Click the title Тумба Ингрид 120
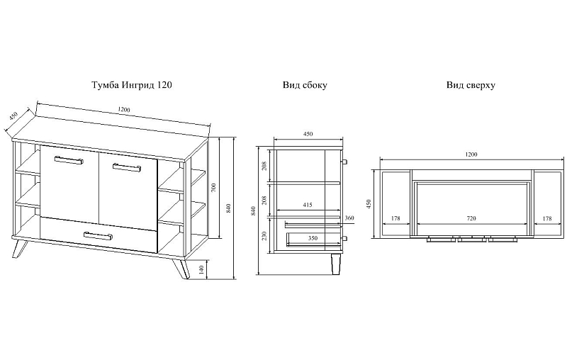click(x=132, y=84)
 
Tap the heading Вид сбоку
click(x=305, y=85)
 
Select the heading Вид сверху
click(x=471, y=85)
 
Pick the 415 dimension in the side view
click(x=307, y=205)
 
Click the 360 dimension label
click(x=349, y=218)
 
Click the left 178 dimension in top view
click(x=395, y=219)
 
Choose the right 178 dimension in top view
click(x=546, y=219)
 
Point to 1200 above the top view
click(x=471, y=154)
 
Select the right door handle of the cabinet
click(x=125, y=167)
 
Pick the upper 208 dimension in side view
click(x=265, y=166)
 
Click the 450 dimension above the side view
click(x=308, y=133)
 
